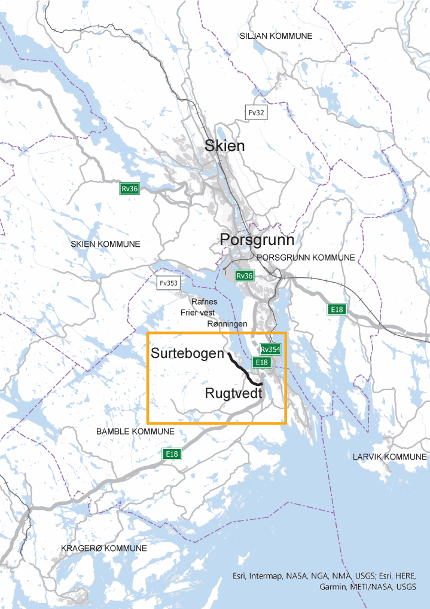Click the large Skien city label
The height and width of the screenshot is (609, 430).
(224, 146)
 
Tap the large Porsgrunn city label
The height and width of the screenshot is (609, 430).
(257, 240)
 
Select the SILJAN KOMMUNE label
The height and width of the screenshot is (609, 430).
(276, 36)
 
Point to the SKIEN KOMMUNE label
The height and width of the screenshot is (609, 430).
(105, 244)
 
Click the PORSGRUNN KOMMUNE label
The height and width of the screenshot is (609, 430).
(306, 258)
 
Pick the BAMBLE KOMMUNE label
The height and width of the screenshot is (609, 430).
(135, 431)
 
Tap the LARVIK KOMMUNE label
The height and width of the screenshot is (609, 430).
(389, 457)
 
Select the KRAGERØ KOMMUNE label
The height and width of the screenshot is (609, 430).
(104, 549)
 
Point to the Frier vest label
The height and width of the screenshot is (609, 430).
(197, 313)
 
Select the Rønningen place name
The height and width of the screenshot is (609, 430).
(227, 324)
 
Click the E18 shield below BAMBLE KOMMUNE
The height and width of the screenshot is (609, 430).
(172, 454)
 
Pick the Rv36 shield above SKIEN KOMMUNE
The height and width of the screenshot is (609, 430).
(129, 189)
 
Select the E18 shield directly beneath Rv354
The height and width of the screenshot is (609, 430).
(261, 362)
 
